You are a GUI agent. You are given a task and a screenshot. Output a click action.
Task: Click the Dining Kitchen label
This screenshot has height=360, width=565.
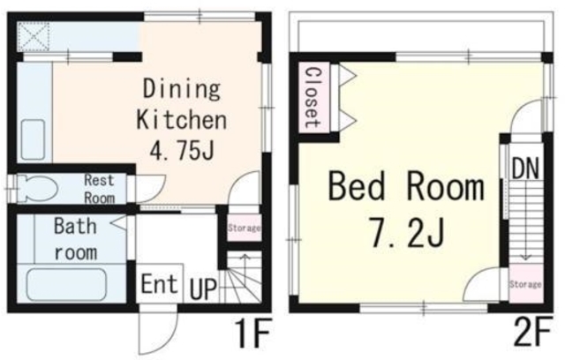pos(182,104)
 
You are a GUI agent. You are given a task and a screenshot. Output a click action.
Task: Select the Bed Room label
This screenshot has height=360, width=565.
pos(406,187)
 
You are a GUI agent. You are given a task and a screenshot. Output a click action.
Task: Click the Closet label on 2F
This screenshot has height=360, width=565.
pos(313,98)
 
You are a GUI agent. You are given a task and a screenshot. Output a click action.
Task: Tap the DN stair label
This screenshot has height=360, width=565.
pos(525,169)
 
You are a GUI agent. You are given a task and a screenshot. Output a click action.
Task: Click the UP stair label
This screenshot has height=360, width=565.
pos(204,289)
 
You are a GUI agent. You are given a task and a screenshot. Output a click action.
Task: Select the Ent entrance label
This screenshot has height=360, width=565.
pos(159,284)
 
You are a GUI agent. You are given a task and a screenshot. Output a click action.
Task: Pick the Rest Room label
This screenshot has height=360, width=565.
pos(100,189)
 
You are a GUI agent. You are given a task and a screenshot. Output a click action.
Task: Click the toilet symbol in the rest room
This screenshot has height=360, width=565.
pos(37,188)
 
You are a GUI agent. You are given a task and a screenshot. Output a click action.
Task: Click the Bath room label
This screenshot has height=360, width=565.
pos(76,239)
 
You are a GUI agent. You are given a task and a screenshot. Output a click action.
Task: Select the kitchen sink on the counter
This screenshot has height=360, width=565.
pos(33,140)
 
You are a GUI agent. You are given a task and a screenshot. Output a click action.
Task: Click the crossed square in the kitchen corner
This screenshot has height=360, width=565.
pos(34,36)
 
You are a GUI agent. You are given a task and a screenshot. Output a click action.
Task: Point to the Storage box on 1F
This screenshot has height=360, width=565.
pos(244,228)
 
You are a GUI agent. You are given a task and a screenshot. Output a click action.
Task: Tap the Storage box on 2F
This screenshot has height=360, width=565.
pos(526,284)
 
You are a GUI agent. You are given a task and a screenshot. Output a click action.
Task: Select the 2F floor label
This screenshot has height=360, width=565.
pos(532,331)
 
